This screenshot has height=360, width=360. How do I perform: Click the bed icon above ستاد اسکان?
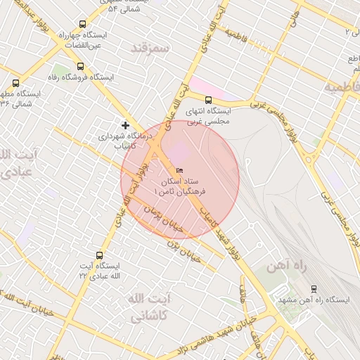point(180,170)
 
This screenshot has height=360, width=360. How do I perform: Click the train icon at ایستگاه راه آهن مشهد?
point(314,288)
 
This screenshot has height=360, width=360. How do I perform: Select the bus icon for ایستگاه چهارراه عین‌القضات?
point(83,24)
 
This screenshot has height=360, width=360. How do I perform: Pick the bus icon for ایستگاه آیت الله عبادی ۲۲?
point(98,256)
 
